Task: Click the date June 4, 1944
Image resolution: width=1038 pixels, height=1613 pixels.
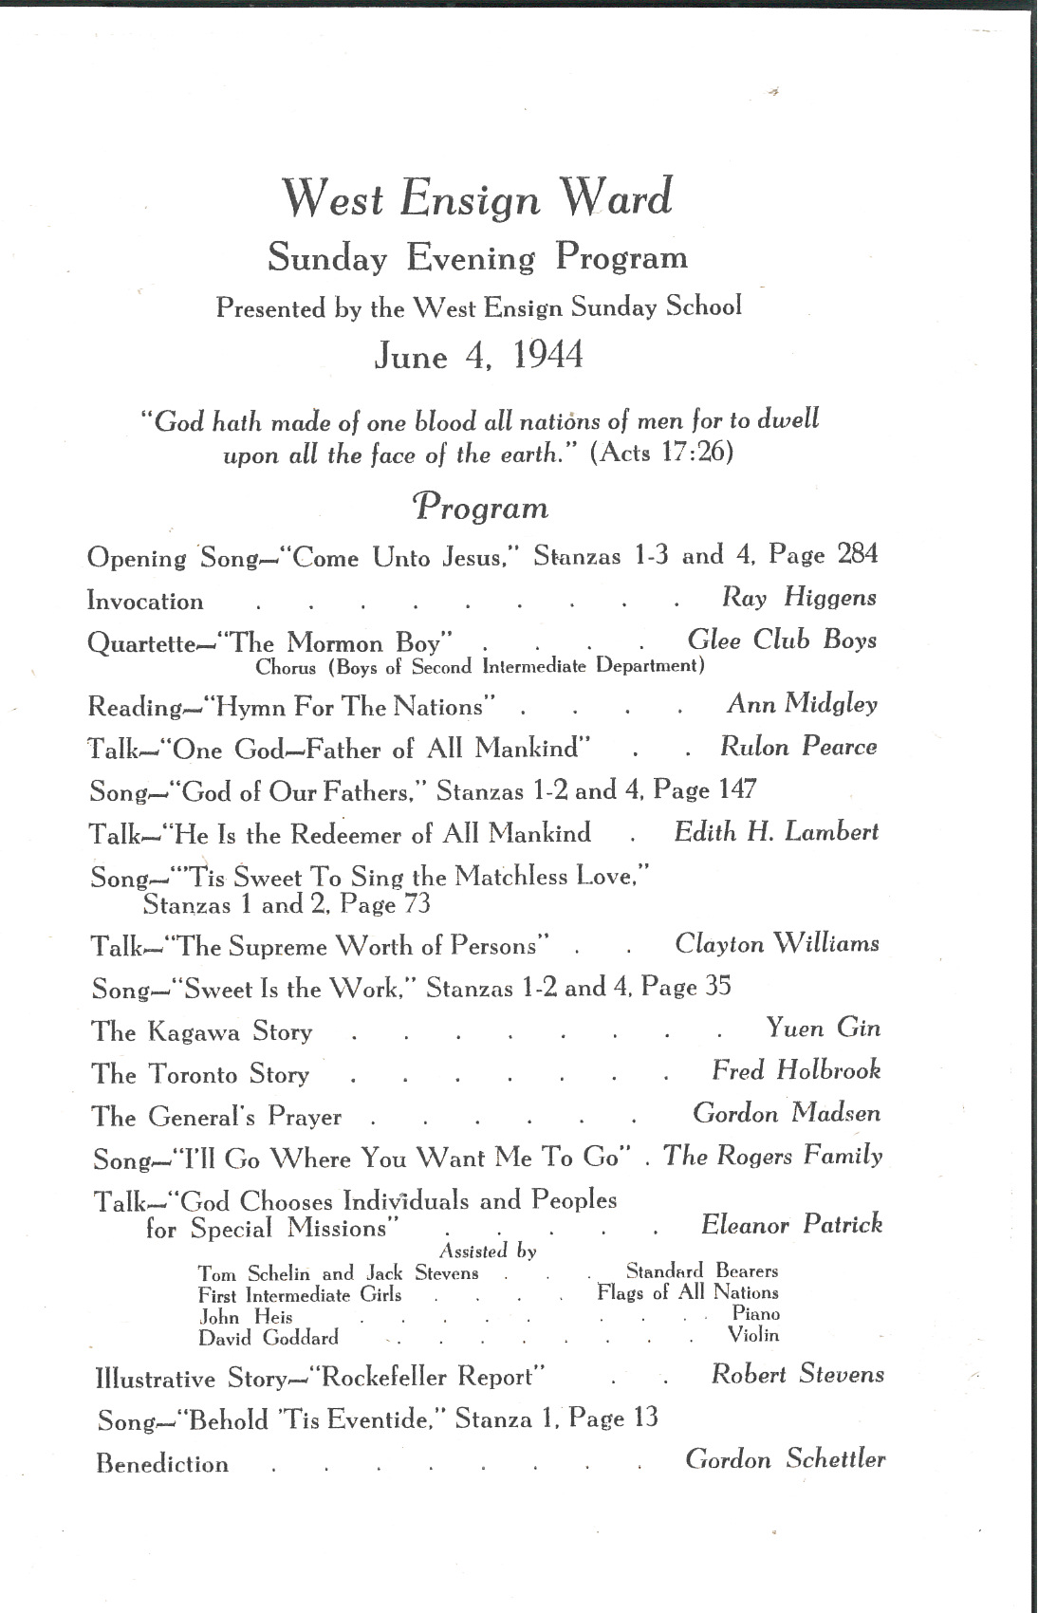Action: point(478,356)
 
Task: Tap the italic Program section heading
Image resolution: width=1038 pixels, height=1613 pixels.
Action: point(480,507)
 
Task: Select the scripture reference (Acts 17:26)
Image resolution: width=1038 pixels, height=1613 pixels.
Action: point(661,452)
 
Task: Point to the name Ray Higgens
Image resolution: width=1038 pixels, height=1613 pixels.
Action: point(799,597)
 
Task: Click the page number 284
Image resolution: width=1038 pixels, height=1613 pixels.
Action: point(858,553)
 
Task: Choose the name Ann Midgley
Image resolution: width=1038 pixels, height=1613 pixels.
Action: point(803,704)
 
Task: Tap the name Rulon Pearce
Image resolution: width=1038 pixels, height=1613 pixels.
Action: point(798,747)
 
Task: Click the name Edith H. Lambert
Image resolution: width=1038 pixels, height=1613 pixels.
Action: point(776,832)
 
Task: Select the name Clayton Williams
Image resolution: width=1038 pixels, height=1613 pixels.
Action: point(777,944)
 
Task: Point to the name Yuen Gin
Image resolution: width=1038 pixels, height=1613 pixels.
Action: point(824,1028)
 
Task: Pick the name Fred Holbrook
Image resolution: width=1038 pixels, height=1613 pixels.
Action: point(796,1070)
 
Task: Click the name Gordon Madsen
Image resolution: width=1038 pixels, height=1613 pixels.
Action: point(787,1113)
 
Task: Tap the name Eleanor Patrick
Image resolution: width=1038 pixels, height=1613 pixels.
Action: point(791,1225)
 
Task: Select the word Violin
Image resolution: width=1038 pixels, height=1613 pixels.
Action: point(753,1335)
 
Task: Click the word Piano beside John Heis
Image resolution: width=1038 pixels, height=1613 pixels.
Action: point(755,1314)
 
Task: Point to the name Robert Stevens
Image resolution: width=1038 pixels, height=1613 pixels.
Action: point(797,1374)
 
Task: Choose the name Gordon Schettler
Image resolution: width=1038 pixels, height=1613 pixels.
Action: point(786,1459)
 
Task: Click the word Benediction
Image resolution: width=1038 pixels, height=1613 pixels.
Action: point(162,1464)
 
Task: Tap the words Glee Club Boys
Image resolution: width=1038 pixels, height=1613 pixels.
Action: point(782,640)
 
